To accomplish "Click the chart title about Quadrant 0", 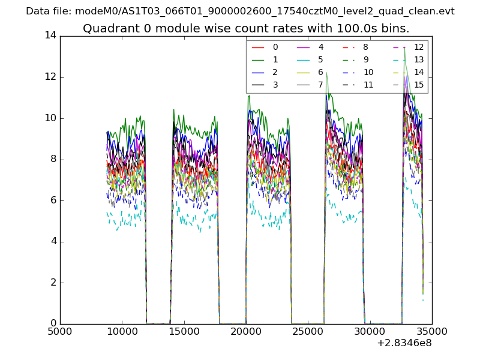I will pyautogui.click(x=246, y=28).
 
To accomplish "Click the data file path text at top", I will pyautogui.click(x=240, y=11).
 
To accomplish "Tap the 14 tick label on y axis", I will pyautogui.click(x=50, y=35).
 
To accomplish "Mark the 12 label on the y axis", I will pyautogui.click(x=50, y=77).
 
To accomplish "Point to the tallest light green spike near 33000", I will pyautogui.click(x=404, y=49).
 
